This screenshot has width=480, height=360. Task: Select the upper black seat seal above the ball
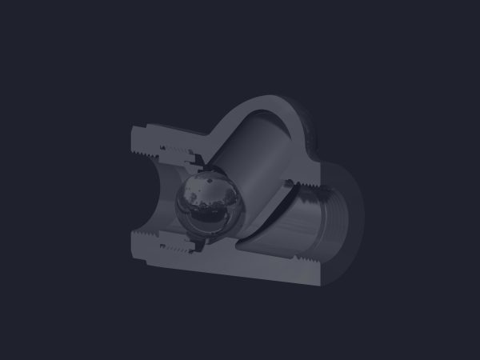click(200, 165)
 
